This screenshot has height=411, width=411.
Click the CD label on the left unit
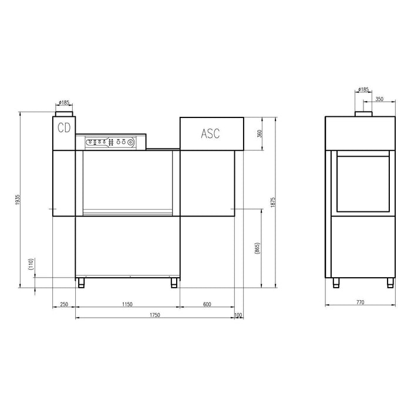click(x=64, y=127)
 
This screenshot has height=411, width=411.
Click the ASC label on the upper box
click(x=210, y=133)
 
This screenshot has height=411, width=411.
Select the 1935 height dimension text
click(x=18, y=200)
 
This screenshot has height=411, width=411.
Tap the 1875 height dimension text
click(x=273, y=203)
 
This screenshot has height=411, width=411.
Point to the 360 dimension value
click(x=260, y=134)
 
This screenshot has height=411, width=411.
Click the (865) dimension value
click(x=257, y=248)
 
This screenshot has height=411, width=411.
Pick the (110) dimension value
click(x=31, y=264)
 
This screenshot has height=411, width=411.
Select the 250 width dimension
click(x=64, y=304)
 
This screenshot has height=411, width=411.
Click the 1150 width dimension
click(x=127, y=304)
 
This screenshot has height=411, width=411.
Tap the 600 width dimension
click(x=207, y=304)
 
